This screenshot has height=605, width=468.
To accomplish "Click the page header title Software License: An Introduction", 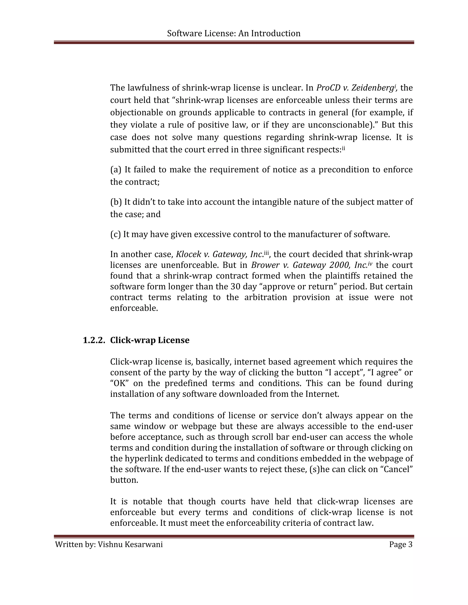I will pyautogui.click(x=234, y=34).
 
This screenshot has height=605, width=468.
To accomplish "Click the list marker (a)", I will pyautogui.click(x=116, y=170).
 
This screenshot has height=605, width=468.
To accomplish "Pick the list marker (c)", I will pyautogui.click(x=115, y=234).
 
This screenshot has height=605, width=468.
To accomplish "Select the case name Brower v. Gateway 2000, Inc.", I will pyautogui.click(x=309, y=265).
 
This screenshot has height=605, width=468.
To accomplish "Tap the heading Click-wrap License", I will pyautogui.click(x=150, y=340).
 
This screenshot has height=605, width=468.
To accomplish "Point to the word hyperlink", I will pyautogui.click(x=141, y=458).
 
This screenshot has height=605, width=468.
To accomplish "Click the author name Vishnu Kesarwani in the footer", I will pyautogui.click(x=130, y=544).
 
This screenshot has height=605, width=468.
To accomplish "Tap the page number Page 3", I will pyautogui.click(x=401, y=544).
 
